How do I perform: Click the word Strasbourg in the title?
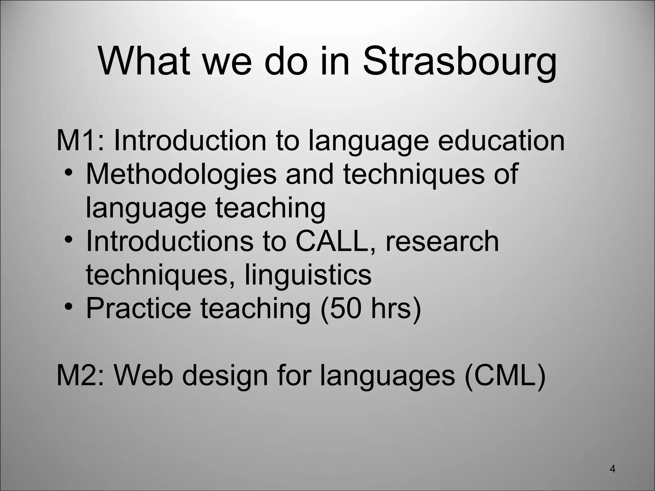click(460, 61)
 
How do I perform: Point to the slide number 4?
click(612, 469)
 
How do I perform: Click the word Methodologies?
click(181, 174)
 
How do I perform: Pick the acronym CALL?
click(331, 241)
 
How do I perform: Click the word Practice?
click(138, 308)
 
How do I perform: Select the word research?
click(442, 241)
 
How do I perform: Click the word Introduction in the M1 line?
click(190, 141)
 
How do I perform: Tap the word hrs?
click(391, 308)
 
